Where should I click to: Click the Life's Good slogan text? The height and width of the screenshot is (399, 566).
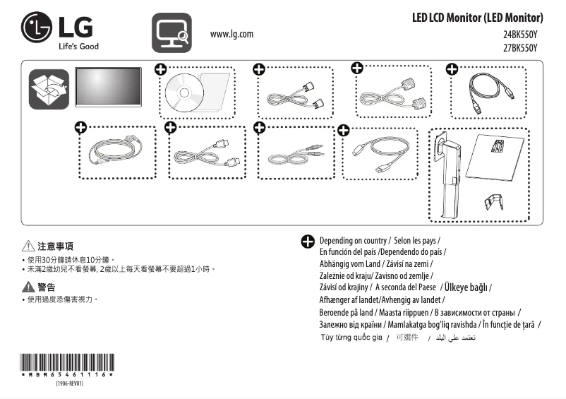tap(78, 47)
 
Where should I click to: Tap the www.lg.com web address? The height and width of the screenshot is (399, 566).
tap(231, 34)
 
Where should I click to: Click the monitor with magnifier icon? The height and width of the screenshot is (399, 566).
tap(171, 32)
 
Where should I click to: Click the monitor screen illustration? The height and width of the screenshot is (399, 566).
tap(108, 87)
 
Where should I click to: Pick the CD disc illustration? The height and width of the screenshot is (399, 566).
tap(182, 92)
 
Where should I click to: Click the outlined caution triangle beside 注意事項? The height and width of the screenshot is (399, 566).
tap(28, 246)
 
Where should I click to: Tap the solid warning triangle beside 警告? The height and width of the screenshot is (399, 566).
tap(28, 287)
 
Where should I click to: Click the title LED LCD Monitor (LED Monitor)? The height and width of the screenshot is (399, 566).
tap(477, 18)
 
